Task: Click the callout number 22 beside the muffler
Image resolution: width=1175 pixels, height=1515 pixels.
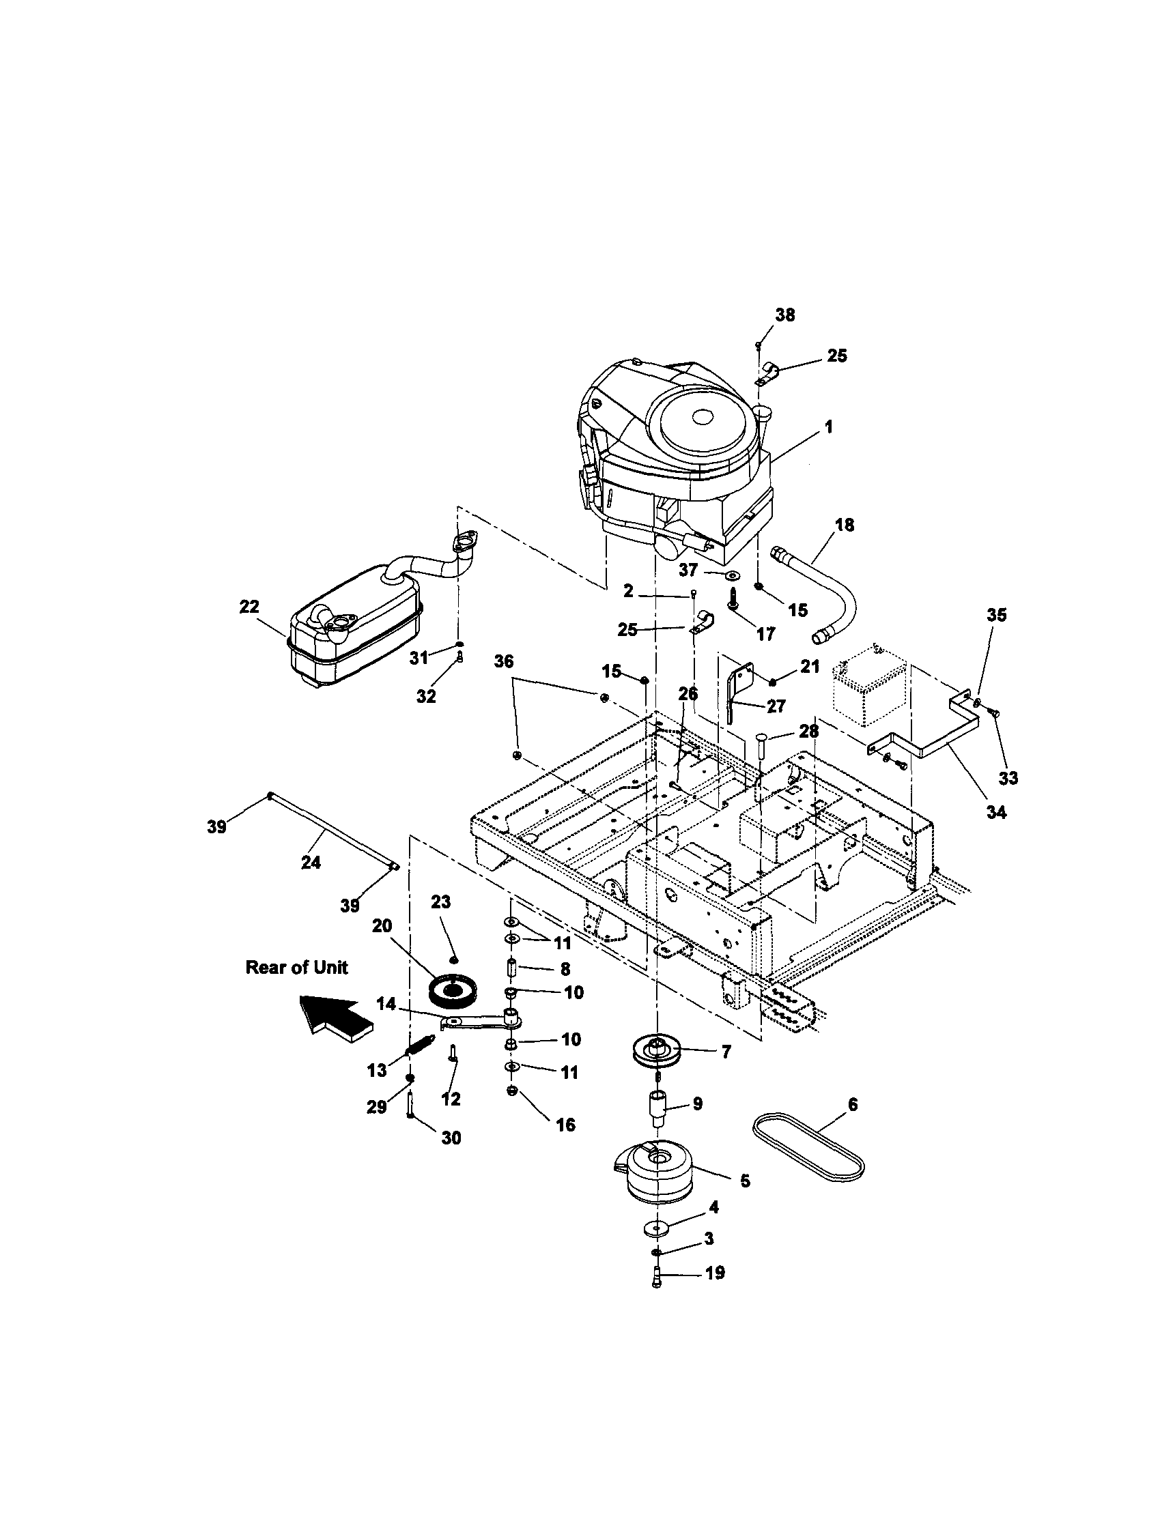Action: click(x=249, y=606)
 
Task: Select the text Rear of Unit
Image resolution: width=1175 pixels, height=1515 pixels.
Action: click(x=296, y=968)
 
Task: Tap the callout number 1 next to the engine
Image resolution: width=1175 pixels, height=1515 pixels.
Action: click(x=827, y=427)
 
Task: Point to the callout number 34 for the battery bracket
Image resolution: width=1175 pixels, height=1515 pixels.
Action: click(x=996, y=811)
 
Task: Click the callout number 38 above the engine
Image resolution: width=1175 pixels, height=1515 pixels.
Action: click(x=785, y=315)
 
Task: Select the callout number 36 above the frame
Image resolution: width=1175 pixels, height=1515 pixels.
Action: click(x=504, y=661)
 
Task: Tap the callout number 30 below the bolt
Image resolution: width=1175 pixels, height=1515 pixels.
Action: click(x=451, y=1138)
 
